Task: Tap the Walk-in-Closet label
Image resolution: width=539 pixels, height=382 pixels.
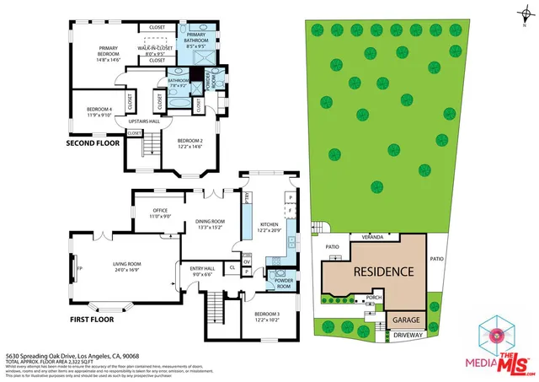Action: click(x=157, y=51)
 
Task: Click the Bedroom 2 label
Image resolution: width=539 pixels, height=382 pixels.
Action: click(x=191, y=143)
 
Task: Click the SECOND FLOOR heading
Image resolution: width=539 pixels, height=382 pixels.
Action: click(x=93, y=143)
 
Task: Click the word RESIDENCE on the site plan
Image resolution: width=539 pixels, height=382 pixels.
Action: click(x=382, y=272)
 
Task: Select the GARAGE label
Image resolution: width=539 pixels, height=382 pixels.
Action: click(x=406, y=320)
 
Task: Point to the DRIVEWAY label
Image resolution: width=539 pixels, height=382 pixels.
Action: click(x=406, y=335)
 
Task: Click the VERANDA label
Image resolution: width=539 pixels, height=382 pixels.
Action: click(x=373, y=237)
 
